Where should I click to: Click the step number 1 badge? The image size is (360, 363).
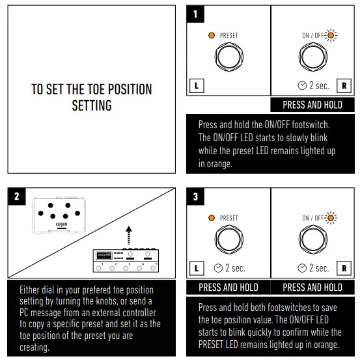[x=195, y=14]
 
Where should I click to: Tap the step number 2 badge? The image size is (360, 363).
[x=17, y=196]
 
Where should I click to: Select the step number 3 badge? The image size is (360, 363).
[x=195, y=196]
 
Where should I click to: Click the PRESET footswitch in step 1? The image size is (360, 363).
[x=229, y=57]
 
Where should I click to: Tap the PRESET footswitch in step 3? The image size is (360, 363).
[x=229, y=239]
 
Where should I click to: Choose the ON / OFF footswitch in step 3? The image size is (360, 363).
[x=313, y=239]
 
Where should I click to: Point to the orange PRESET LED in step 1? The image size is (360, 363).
[x=212, y=35]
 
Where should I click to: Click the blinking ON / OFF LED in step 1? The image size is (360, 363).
[x=331, y=35]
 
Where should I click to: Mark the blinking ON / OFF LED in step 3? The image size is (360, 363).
[x=331, y=218]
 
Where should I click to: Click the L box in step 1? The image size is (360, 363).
[x=197, y=86]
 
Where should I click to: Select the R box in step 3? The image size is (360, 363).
[x=344, y=268]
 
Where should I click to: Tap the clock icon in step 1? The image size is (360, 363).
[x=302, y=86]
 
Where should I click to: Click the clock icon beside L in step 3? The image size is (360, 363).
[x=218, y=268]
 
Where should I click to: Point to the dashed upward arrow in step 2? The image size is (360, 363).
[x=129, y=235]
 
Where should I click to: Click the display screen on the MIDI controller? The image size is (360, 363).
[x=104, y=256]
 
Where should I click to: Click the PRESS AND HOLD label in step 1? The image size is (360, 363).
[x=312, y=105]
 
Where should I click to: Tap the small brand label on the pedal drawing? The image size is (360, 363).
[x=61, y=224]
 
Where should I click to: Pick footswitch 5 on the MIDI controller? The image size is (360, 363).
[x=153, y=268]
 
